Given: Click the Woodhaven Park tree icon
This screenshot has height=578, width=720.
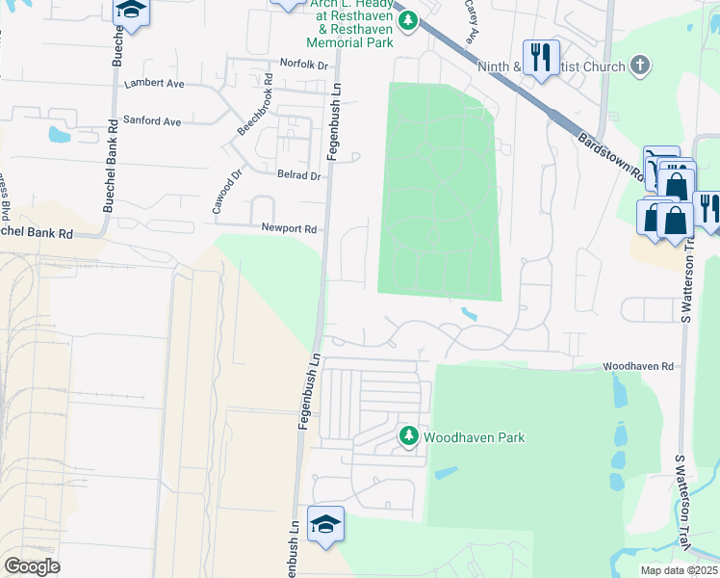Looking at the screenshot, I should click(x=409, y=437).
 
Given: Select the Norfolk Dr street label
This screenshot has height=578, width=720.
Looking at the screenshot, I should click(x=304, y=64).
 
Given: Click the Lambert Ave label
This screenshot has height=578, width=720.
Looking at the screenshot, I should click(x=154, y=84).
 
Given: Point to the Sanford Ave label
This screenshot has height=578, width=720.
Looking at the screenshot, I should click(x=153, y=122).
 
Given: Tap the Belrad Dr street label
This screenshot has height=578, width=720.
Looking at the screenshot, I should click(x=299, y=176).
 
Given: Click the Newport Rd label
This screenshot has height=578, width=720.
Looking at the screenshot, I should click(x=289, y=229).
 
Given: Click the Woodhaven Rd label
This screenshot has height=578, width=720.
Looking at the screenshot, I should click(x=638, y=367).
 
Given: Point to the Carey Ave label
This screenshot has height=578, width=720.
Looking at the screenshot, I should click(x=472, y=21).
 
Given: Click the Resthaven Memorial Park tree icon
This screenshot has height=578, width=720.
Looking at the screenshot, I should click(x=408, y=20).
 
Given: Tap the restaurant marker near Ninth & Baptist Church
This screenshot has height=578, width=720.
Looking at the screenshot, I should click(x=541, y=57).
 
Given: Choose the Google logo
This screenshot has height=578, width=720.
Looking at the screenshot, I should click(x=32, y=566).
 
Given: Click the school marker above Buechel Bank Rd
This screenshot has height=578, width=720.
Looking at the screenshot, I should click(x=130, y=11).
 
